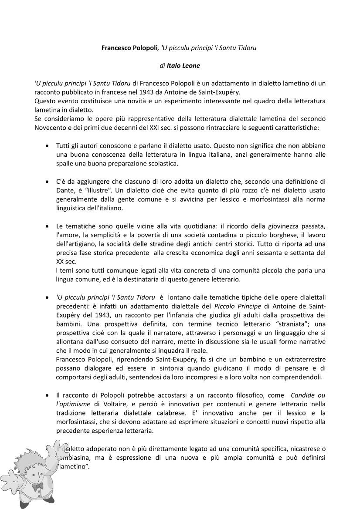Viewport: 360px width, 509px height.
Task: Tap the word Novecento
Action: pyautogui.click(x=51, y=128)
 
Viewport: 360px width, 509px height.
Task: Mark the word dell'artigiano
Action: pyautogui.click(x=76, y=244)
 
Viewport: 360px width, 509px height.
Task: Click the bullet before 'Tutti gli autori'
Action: pyautogui.click(x=47, y=146)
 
